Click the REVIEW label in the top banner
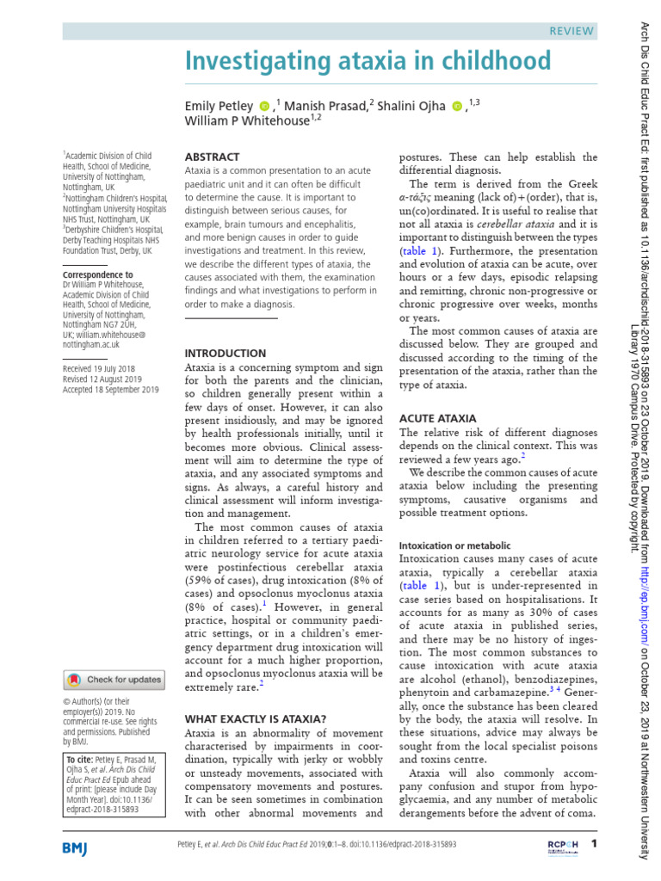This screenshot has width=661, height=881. pos(571,31)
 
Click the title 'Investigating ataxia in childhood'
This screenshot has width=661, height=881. pos(368,61)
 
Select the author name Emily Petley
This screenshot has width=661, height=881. pos(219,106)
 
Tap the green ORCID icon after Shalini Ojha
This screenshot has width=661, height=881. pos(456,107)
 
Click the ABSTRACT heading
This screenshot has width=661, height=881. pos(212,157)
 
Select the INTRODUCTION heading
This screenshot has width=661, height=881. pos(225,353)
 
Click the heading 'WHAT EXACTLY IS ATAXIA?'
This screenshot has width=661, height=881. pos(256,718)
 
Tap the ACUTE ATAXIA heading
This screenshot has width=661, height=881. pos(437,418)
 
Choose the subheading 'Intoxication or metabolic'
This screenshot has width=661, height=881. pos(454,545)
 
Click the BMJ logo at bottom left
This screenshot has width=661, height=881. pos(81,848)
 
